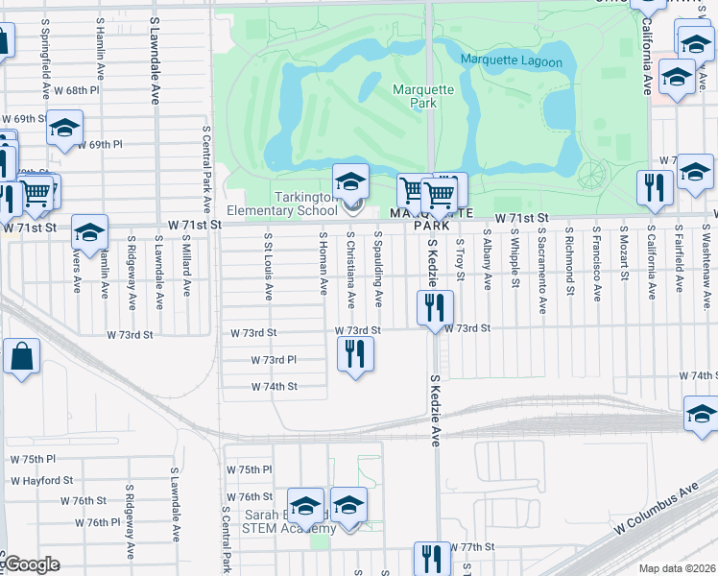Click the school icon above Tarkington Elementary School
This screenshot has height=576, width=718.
[x=350, y=180]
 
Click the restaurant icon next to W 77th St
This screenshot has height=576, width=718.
[x=432, y=560]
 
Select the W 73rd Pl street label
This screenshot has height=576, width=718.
[x=274, y=360]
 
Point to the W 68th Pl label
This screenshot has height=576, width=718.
[x=78, y=90]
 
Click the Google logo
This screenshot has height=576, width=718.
[x=30, y=564]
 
